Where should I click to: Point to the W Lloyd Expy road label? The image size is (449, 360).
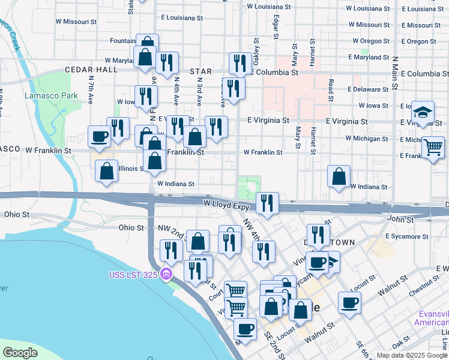[225, 206]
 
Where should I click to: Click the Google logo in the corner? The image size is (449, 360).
[20, 352]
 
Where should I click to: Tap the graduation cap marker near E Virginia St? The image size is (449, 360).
[423, 112]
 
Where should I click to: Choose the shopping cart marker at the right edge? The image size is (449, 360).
[433, 146]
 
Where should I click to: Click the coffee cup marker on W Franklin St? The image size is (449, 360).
[99, 136]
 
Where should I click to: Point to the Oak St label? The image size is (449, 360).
[400, 345]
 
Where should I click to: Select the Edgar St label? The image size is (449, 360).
[275, 27]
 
